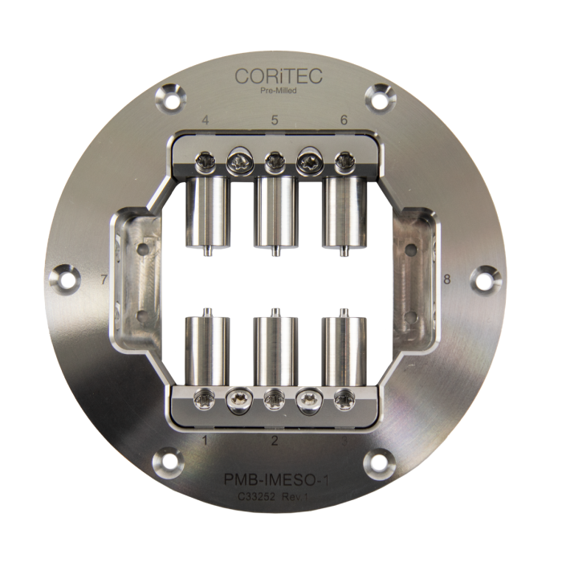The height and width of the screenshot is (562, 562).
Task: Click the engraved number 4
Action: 207,120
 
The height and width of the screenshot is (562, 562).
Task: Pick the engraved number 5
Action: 275,120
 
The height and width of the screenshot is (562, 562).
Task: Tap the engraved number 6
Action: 344,120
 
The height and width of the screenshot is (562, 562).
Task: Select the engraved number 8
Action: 446,279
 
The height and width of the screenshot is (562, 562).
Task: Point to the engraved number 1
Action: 206,439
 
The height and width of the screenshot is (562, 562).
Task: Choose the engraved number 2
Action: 275,440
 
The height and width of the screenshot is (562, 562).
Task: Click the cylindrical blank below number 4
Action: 207,213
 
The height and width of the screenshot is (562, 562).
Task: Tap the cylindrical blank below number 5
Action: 275,213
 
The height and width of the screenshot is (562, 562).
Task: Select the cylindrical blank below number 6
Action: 343,213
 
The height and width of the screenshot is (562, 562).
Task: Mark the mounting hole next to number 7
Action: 68,281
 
